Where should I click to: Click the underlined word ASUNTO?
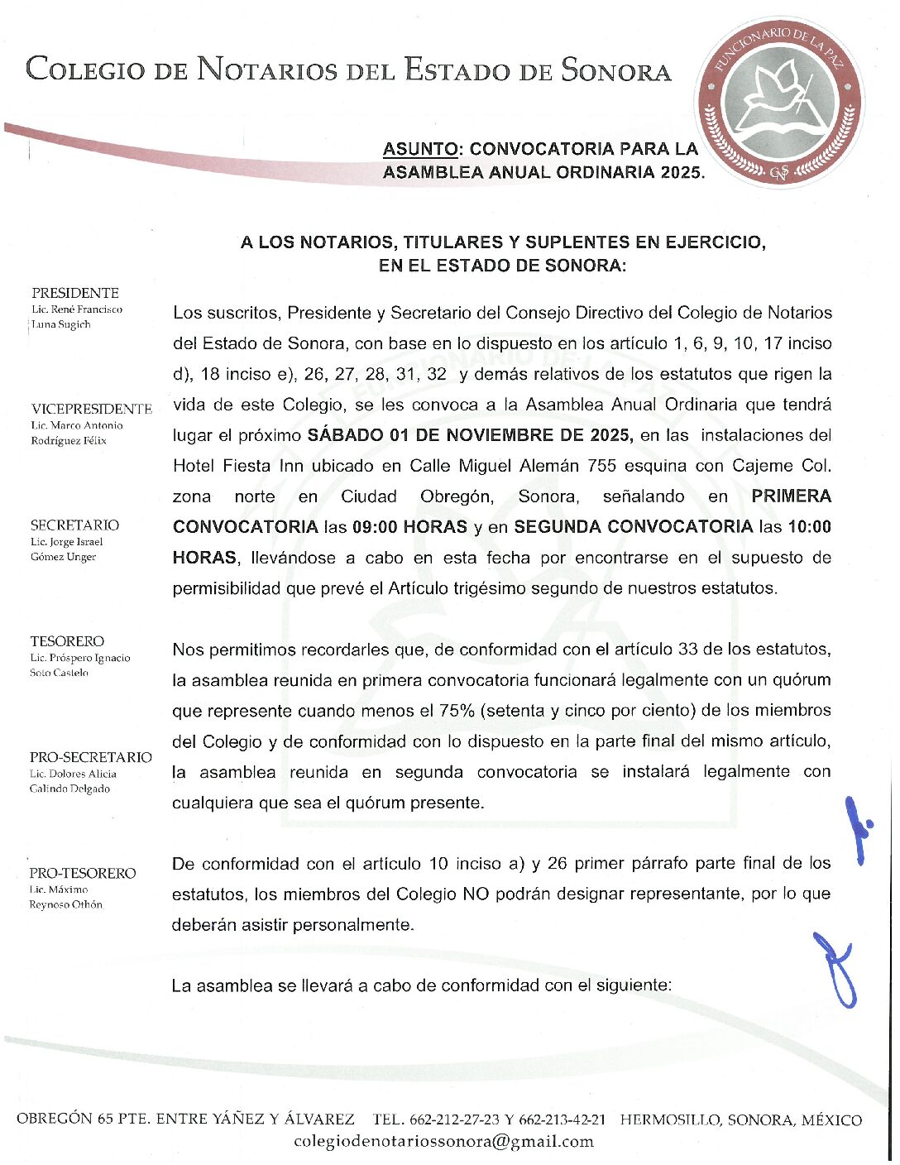point(419,150)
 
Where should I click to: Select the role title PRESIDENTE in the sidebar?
point(75,293)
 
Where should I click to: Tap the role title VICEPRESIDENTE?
point(92,409)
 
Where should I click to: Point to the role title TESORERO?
point(68,641)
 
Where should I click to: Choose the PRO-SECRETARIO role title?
point(91,757)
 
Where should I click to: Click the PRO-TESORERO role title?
point(83,873)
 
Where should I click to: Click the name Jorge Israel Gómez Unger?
point(67,549)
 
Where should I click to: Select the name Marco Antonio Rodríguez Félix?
point(77,433)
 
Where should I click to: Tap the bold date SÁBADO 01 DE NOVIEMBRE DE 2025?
point(470,435)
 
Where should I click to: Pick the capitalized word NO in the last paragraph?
point(475,894)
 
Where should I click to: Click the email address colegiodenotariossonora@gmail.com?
point(444,1142)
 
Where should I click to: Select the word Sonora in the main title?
point(616,70)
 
